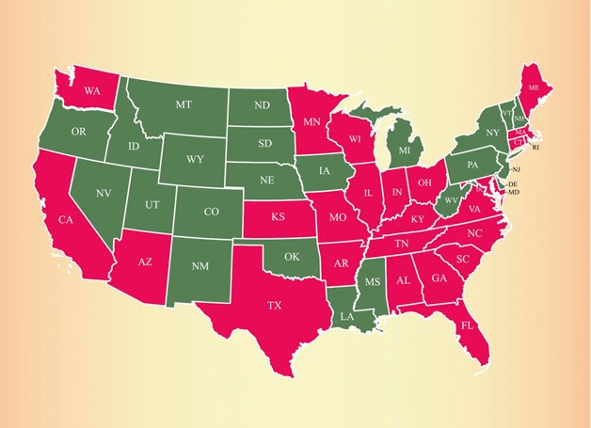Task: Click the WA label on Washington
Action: click(92, 91)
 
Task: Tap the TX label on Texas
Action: click(275, 306)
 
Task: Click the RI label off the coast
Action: click(536, 148)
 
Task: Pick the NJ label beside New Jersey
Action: click(515, 169)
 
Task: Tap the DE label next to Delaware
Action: click(513, 185)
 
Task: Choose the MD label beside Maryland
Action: click(513, 194)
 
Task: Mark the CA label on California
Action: click(66, 220)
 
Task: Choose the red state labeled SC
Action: click(462, 260)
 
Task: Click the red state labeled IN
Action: click(398, 193)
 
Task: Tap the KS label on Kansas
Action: click(279, 217)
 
